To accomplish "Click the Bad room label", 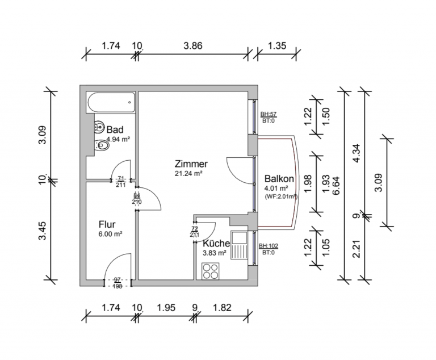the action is tap(115, 129).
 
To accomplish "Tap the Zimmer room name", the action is tap(191, 164).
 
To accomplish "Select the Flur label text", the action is tap(107, 224).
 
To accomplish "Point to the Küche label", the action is tap(216, 244).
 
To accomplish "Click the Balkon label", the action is tap(279, 178).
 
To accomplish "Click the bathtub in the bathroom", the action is tap(111, 102).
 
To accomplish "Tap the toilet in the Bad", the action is tap(102, 145).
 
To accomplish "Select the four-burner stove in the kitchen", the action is tap(211, 271).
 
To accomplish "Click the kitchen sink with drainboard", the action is tap(239, 245).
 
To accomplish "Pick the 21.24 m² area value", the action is tap(188, 174).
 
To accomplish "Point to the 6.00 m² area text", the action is tap(110, 234).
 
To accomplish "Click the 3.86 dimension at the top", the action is tap(193, 45).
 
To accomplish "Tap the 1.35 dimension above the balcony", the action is tap(277, 45).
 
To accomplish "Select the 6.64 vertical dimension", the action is tap(336, 186).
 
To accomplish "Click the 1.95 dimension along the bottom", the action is tap(166, 307).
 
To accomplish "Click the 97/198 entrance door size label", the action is tap(118, 283).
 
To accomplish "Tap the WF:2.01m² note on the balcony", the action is tap(282, 196).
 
